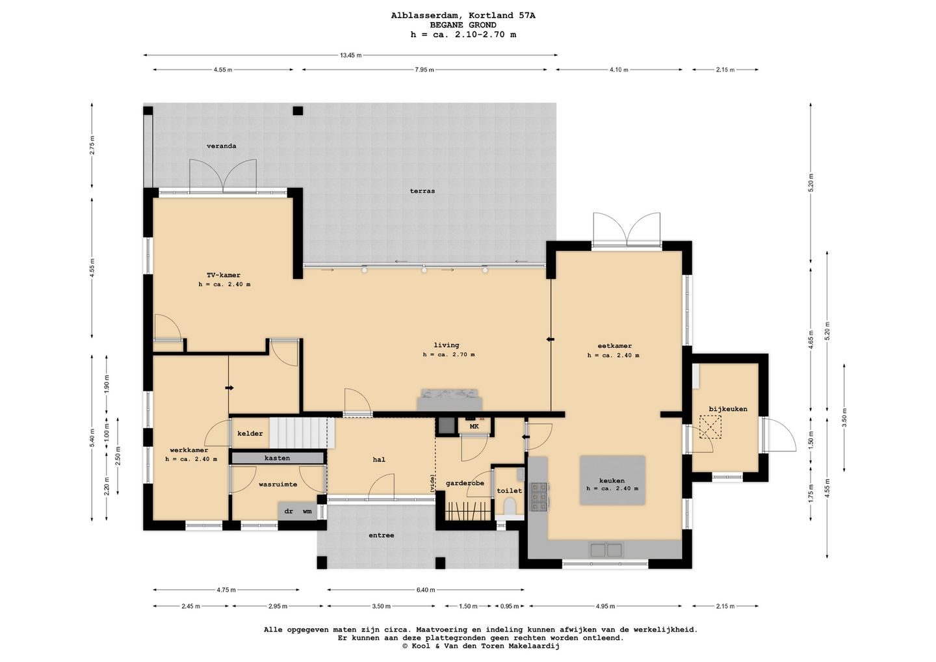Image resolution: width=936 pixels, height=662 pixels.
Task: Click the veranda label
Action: pyautogui.click(x=222, y=146)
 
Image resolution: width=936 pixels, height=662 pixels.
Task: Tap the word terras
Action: pyautogui.click(x=422, y=191)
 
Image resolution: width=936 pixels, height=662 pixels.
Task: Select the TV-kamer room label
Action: pyautogui.click(x=224, y=275)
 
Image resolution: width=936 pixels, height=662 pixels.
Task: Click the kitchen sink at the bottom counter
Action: pyautogui.click(x=606, y=549)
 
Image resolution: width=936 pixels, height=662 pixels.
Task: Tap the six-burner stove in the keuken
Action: pyautogui.click(x=539, y=497)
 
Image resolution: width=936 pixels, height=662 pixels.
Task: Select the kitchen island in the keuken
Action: pyautogui.click(x=612, y=480)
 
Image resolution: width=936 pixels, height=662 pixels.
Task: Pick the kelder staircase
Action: pyautogui.click(x=302, y=433)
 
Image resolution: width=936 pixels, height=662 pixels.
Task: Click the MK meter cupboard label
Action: pyautogui.click(x=474, y=427)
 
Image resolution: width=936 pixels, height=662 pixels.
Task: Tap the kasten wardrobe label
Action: pyautogui.click(x=277, y=458)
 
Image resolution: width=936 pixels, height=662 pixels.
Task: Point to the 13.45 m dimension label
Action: pyautogui.click(x=350, y=55)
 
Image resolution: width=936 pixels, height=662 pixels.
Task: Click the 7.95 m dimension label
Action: pyautogui.click(x=424, y=70)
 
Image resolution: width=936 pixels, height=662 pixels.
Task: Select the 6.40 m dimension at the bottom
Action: pyautogui.click(x=425, y=590)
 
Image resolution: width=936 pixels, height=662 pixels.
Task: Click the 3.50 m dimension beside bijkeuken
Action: pyautogui.click(x=844, y=417)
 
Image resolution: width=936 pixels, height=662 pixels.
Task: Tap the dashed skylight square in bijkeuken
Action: pyautogui.click(x=711, y=427)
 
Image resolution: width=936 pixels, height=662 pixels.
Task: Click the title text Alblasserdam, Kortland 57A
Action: pyautogui.click(x=463, y=16)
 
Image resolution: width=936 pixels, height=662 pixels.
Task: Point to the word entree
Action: pyautogui.click(x=381, y=535)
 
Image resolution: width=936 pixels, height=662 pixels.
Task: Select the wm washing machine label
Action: pyautogui.click(x=307, y=511)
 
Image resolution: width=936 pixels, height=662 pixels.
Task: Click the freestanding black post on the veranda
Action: pyautogui.click(x=298, y=111)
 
